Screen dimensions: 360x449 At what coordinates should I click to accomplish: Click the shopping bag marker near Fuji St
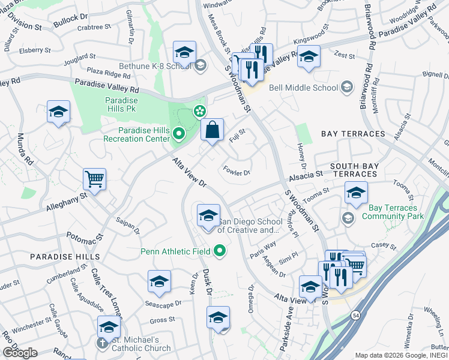point(212,130)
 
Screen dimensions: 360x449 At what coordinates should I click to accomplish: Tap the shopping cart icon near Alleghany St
point(95,179)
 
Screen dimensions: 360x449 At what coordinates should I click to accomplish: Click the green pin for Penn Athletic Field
point(220,251)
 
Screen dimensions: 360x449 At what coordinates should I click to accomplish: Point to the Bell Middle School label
point(304,88)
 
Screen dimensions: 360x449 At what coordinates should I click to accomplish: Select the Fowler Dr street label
point(237,170)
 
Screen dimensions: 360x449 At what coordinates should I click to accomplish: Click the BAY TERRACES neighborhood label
point(353,133)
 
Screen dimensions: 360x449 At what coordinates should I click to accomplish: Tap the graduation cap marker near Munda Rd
point(59,112)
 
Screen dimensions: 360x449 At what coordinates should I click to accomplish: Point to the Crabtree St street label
point(95,27)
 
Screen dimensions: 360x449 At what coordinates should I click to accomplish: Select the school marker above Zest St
point(309,57)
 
